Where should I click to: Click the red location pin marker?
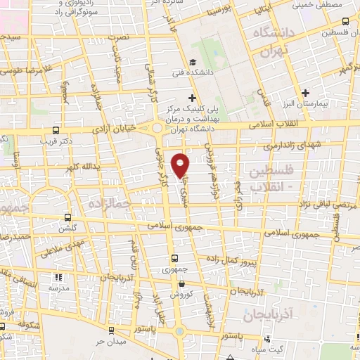click(181, 165)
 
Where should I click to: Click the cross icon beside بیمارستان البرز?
click(305, 92)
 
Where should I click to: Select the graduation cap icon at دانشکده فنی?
click(193, 60)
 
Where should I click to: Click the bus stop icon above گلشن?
click(67, 217)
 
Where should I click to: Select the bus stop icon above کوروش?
click(182, 283)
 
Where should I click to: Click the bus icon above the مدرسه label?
click(59, 276)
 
